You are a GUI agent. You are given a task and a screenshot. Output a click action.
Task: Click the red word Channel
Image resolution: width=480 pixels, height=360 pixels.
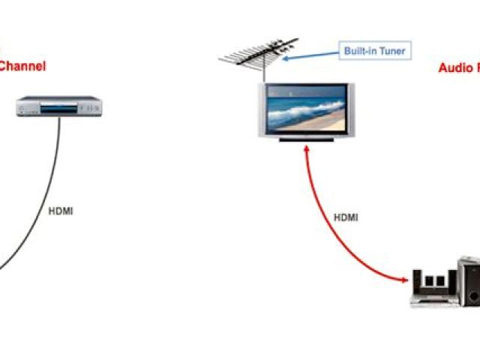[22, 66]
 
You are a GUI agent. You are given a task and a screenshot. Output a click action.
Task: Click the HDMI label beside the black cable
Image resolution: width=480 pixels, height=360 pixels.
[61, 211]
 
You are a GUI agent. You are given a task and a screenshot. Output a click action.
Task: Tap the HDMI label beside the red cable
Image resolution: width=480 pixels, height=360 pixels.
[346, 217]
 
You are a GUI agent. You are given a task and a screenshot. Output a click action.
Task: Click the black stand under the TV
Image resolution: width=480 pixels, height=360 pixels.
[304, 139]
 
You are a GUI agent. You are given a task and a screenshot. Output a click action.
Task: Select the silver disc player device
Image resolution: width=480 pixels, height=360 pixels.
[59, 106]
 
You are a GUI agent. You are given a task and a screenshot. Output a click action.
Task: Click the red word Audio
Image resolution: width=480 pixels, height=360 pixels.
[454, 68]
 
